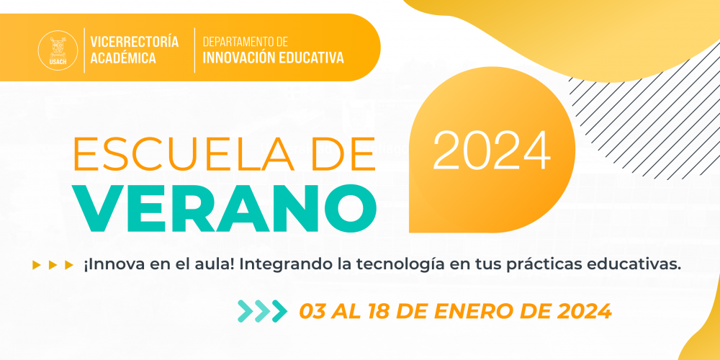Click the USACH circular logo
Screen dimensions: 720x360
click(58, 50)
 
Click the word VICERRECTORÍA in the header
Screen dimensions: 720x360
click(135, 42)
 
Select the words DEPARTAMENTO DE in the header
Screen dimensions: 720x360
click(246, 42)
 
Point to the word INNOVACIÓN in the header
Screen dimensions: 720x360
click(239, 58)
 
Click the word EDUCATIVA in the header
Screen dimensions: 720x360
click(311, 58)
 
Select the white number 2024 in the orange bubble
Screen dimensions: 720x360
click(492, 151)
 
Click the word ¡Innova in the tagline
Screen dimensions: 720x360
click(106, 265)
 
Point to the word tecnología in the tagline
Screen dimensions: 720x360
click(390, 266)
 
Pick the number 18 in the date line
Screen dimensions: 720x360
click(379, 312)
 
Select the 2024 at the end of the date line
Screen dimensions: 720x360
click(584, 312)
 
